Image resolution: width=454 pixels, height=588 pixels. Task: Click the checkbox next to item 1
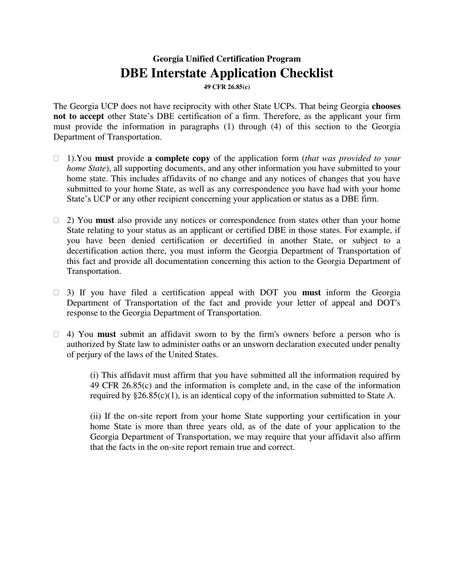(56, 158)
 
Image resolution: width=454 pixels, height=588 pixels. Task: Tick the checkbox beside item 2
(56, 220)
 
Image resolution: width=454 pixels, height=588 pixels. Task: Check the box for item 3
(56, 293)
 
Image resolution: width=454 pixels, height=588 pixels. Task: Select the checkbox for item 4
(56, 334)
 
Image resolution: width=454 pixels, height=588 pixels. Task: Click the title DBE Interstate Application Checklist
(227, 73)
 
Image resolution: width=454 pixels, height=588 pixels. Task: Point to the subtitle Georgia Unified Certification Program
(227, 59)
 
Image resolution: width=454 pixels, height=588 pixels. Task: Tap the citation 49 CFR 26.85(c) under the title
(227, 87)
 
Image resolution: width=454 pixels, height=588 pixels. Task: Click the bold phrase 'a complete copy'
(179, 158)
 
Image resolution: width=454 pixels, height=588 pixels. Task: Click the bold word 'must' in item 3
(311, 293)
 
